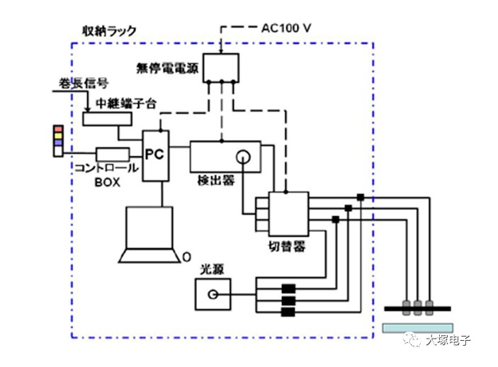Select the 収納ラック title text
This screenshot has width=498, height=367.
click(x=109, y=31)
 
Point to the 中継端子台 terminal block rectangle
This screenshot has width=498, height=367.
click(x=112, y=119)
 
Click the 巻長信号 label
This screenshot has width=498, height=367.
click(x=77, y=86)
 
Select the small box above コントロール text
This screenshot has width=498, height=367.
click(x=113, y=154)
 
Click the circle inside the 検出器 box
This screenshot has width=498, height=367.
click(x=244, y=157)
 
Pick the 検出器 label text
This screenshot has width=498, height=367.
click(x=216, y=181)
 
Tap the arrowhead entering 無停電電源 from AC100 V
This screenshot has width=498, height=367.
click(x=221, y=50)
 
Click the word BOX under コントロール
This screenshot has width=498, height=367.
click(x=108, y=181)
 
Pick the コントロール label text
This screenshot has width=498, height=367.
click(x=106, y=169)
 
